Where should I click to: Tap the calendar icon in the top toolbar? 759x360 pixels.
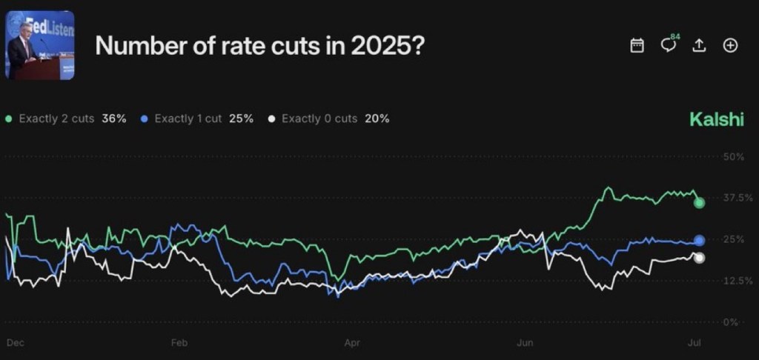637,46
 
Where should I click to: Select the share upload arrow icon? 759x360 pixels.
698,46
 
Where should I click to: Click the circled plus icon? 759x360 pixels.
730,46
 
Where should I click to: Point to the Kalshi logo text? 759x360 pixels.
716,119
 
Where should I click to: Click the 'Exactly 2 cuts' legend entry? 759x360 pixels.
56,119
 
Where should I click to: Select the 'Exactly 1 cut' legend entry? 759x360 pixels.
188,119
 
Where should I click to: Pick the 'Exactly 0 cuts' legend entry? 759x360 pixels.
319,119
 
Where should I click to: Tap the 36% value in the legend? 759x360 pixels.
115,119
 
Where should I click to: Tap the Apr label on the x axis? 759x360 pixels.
351,343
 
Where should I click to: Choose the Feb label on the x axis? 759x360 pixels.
179,343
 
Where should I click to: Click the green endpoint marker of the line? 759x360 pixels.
699,202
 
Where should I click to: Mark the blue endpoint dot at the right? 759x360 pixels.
699,240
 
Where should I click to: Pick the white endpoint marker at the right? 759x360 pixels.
698,258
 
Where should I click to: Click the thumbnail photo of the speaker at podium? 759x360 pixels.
40,46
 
